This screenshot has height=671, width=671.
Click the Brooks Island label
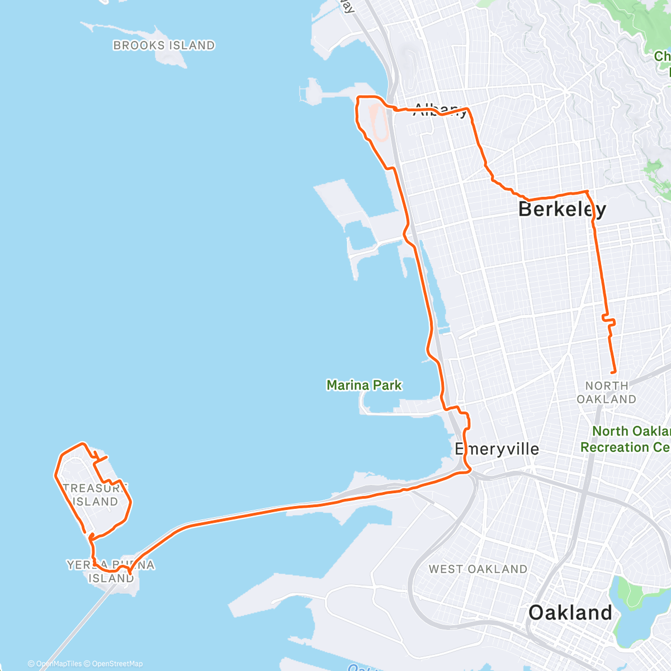pyautogui.click(x=164, y=45)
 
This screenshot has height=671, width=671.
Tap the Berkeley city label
pyautogui.click(x=561, y=209)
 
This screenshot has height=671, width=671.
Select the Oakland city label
pyautogui.click(x=570, y=613)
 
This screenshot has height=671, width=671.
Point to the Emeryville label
pyautogui.click(x=497, y=449)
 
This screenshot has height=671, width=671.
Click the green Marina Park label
pyautogui.click(x=364, y=385)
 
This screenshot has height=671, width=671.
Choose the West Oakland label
pyautogui.click(x=478, y=569)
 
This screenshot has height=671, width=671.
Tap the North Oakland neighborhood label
pyautogui.click(x=607, y=393)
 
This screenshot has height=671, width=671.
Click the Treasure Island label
pyautogui.click(x=95, y=495)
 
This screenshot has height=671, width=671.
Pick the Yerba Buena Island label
pyautogui.click(x=111, y=571)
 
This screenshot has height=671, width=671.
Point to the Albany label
pyautogui.click(x=440, y=110)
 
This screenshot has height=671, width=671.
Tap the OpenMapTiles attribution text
pyautogui.click(x=55, y=664)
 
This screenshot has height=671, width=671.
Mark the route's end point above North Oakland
pyautogui.click(x=615, y=372)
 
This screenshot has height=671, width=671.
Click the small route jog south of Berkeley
pyautogui.click(x=609, y=322)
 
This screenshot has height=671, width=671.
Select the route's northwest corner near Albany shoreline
pyautogui.click(x=358, y=100)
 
